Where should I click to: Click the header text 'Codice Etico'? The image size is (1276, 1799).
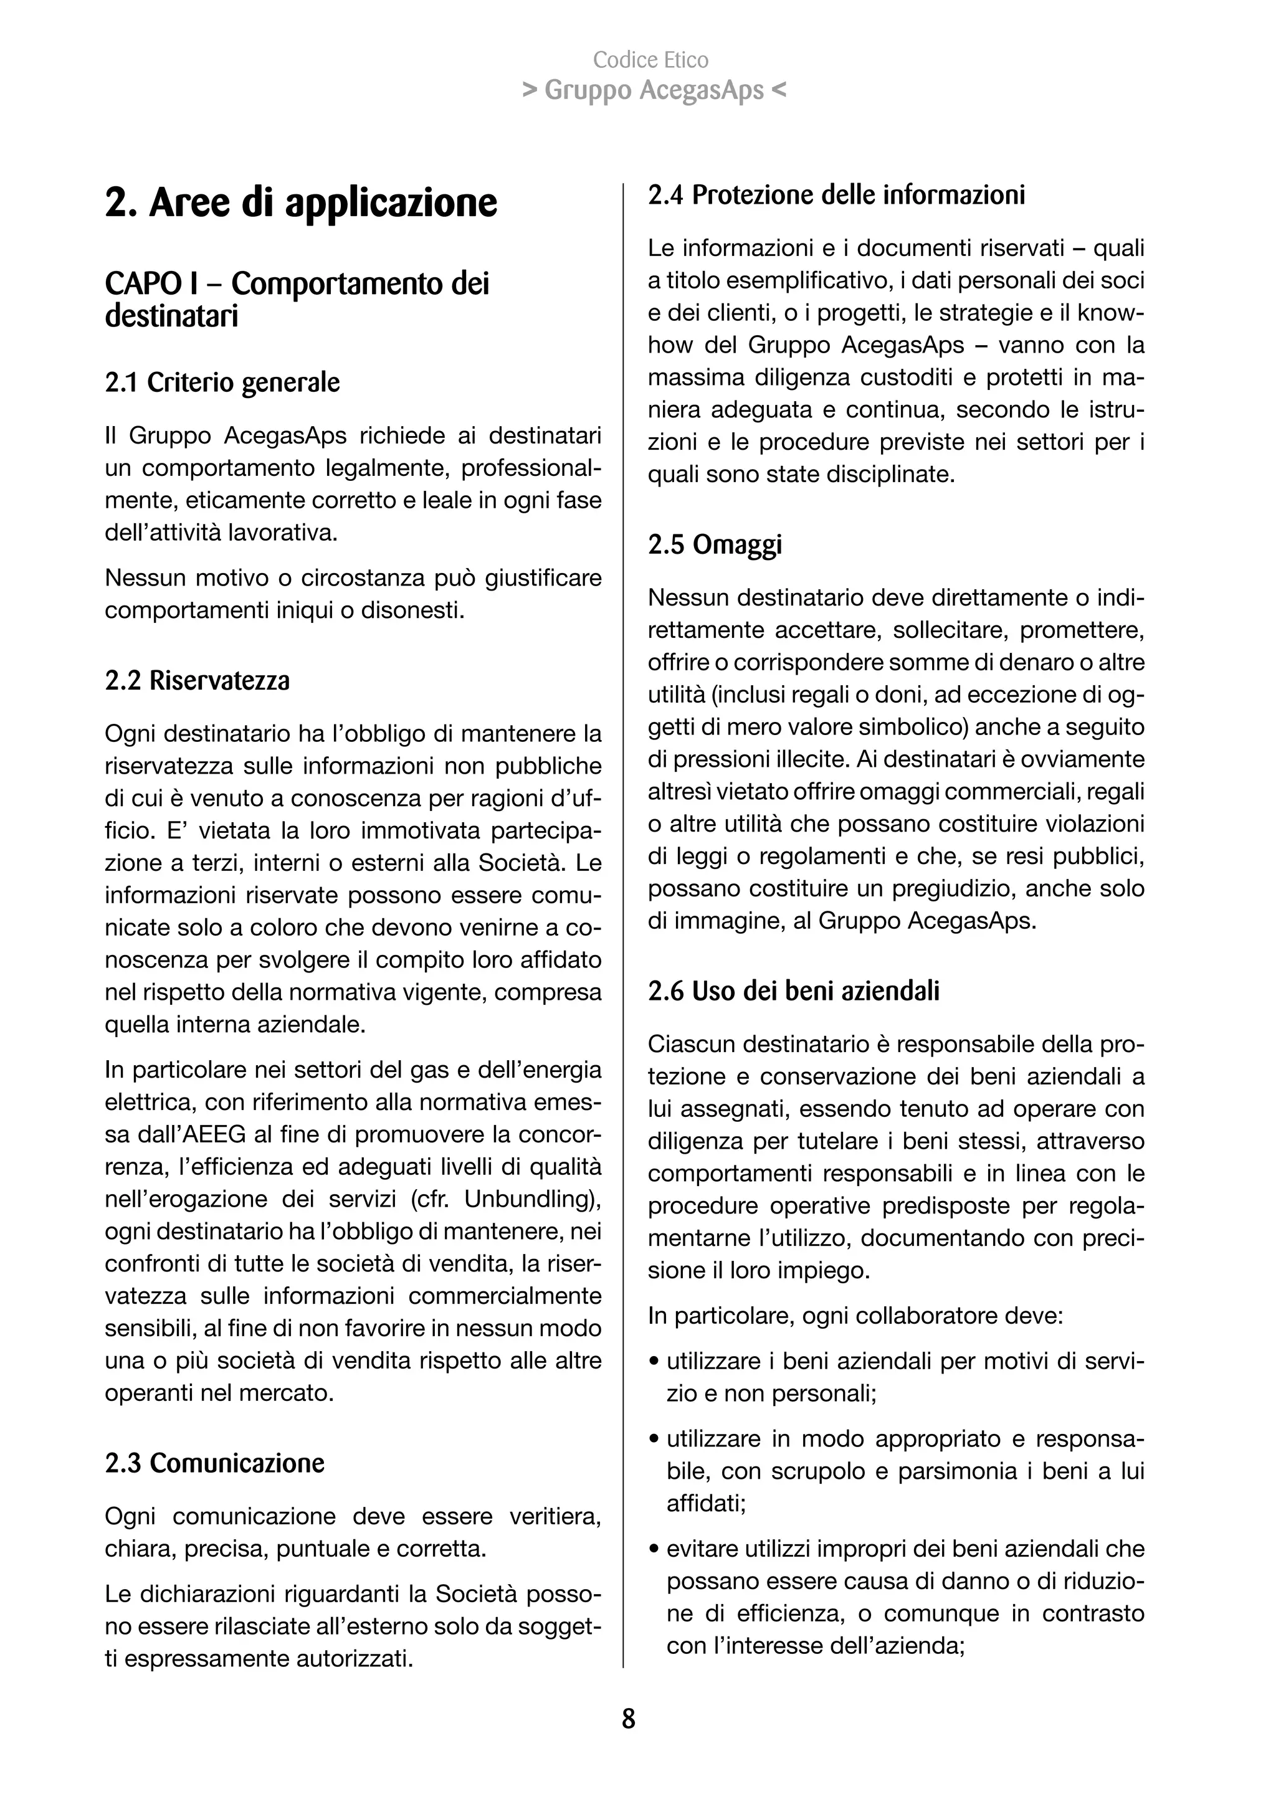coord(650,60)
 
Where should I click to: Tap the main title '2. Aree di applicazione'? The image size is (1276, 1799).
coord(301,202)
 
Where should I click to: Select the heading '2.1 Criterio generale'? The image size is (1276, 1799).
coord(222,382)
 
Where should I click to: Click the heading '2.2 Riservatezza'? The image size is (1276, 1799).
coord(198,680)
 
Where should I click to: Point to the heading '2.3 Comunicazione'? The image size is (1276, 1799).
coord(214,1463)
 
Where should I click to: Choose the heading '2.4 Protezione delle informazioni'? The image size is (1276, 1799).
coord(836,195)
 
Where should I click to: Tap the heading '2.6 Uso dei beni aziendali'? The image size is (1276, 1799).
coord(794,992)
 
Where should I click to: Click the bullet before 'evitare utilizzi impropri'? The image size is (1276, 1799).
coord(654,1550)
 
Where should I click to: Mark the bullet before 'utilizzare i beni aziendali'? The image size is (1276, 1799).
coord(654,1362)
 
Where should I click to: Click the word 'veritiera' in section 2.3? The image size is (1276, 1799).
coord(555,1516)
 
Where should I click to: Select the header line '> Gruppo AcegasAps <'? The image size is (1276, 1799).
coord(654,91)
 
